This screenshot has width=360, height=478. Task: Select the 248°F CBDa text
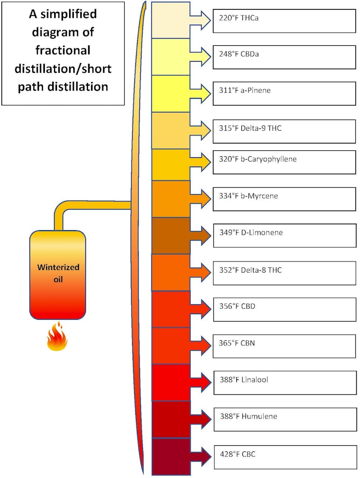coord(239,54)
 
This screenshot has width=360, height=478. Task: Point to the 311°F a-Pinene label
coord(245,90)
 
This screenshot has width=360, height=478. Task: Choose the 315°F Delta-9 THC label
coord(251,127)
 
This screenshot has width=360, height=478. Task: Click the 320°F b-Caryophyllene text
coord(258,159)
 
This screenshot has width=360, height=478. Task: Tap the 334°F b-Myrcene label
coord(248,196)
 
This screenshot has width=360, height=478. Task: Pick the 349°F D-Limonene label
coord(251,232)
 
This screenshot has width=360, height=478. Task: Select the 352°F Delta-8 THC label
coord(250,270)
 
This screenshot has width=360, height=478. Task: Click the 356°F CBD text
coord(237,307)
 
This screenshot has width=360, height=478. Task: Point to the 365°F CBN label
coord(237,343)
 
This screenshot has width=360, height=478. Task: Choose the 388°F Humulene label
coord(248,416)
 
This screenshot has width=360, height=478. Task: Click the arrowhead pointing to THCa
coord(205,19)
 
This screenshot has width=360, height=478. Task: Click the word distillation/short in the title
coord(64,69)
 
